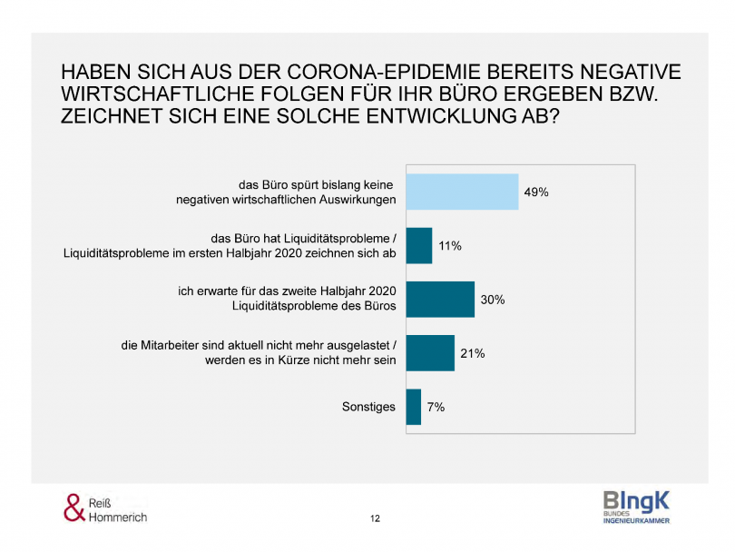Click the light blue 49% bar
coord(462,192)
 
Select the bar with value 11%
coord(419,245)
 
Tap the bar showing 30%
coord(440,299)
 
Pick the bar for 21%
coord(430,353)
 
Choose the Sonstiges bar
coord(414,407)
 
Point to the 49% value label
coord(536,192)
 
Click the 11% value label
coord(450,246)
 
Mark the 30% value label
coord(493,300)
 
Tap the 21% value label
coord(472,353)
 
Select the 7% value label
coord(436,408)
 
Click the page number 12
coord(375,518)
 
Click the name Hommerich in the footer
coord(118,517)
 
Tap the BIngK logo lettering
coord(636,500)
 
